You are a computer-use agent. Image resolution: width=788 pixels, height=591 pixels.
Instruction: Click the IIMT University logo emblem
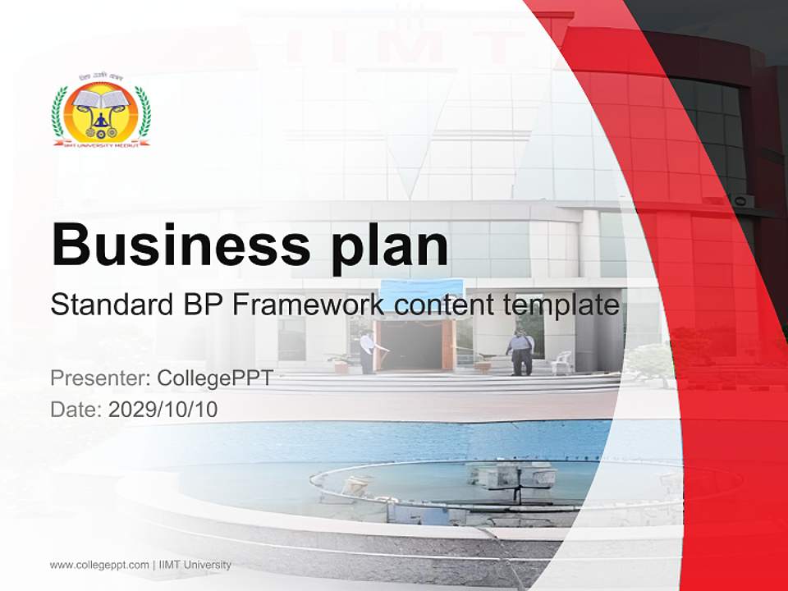(101, 114)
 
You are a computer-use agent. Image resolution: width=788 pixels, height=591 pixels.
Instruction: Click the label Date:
(76, 409)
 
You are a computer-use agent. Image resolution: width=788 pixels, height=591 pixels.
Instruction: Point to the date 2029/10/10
(163, 409)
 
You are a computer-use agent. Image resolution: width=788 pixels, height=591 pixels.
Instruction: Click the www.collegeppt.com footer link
(99, 565)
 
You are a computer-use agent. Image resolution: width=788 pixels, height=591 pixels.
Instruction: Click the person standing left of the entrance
(367, 351)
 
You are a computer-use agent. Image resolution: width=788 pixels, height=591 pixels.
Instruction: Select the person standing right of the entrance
(519, 351)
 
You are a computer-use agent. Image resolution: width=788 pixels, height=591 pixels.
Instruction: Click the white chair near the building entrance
(562, 362)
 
